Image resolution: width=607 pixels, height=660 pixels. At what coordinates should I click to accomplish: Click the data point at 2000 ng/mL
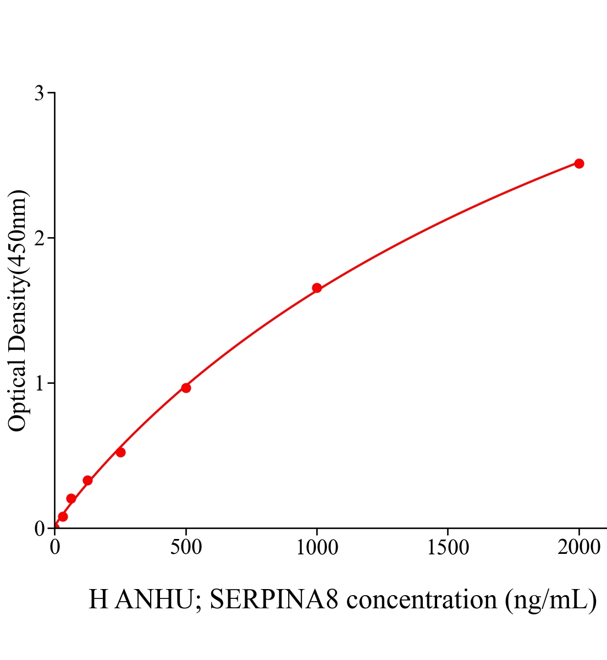coord(579,163)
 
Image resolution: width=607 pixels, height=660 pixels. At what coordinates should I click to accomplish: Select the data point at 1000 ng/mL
coord(317,288)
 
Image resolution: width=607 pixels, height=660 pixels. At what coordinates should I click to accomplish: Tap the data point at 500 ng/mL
coord(186,388)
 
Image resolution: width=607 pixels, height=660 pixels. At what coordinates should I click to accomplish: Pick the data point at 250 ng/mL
coord(120,452)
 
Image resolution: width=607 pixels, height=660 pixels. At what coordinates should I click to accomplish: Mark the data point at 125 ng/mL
coord(87,480)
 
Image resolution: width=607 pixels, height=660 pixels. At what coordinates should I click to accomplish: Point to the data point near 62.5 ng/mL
coord(71,498)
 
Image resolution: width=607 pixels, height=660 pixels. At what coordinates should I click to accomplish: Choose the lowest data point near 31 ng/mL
coord(63,516)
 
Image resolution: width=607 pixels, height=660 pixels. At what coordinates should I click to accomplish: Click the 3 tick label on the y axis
coord(40,94)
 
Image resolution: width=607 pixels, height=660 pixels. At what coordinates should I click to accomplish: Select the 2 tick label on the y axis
coord(40,238)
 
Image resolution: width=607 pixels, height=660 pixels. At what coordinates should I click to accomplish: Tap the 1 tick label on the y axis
coord(40,383)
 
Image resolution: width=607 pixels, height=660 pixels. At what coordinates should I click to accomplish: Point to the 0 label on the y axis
coord(40,529)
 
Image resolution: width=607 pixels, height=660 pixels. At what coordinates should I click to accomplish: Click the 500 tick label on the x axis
coord(186,547)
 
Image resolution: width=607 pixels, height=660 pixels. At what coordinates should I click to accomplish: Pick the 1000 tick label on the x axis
coord(317,547)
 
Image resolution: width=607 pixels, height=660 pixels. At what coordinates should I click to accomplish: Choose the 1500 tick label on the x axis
coord(448,547)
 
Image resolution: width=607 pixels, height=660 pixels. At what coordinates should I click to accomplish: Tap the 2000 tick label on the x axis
coord(578,547)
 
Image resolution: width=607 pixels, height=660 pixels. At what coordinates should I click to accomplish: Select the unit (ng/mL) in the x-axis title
coord(550,599)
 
